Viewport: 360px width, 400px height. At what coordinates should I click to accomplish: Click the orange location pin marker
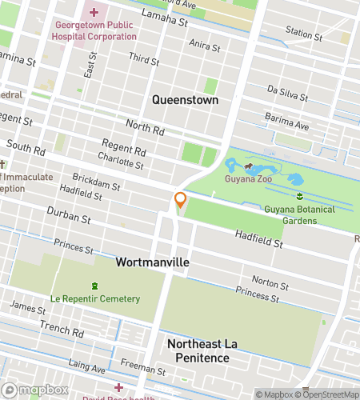click(x=180, y=200)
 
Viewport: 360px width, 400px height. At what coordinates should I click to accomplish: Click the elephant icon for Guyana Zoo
click(x=250, y=168)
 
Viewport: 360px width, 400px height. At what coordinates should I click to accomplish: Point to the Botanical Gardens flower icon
click(x=299, y=196)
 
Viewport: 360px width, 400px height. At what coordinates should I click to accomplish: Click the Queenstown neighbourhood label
click(x=186, y=99)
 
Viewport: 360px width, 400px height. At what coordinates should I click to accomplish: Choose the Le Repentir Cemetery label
click(x=94, y=298)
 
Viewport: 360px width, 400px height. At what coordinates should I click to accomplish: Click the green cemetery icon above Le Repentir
click(x=94, y=286)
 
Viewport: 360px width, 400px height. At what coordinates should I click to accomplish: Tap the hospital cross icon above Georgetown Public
click(x=94, y=12)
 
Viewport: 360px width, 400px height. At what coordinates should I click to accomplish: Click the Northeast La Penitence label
click(x=198, y=350)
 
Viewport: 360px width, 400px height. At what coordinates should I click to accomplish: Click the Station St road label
click(x=303, y=34)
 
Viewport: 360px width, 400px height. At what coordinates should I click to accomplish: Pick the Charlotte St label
click(x=121, y=161)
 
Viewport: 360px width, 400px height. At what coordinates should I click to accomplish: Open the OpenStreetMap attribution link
click(x=327, y=394)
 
